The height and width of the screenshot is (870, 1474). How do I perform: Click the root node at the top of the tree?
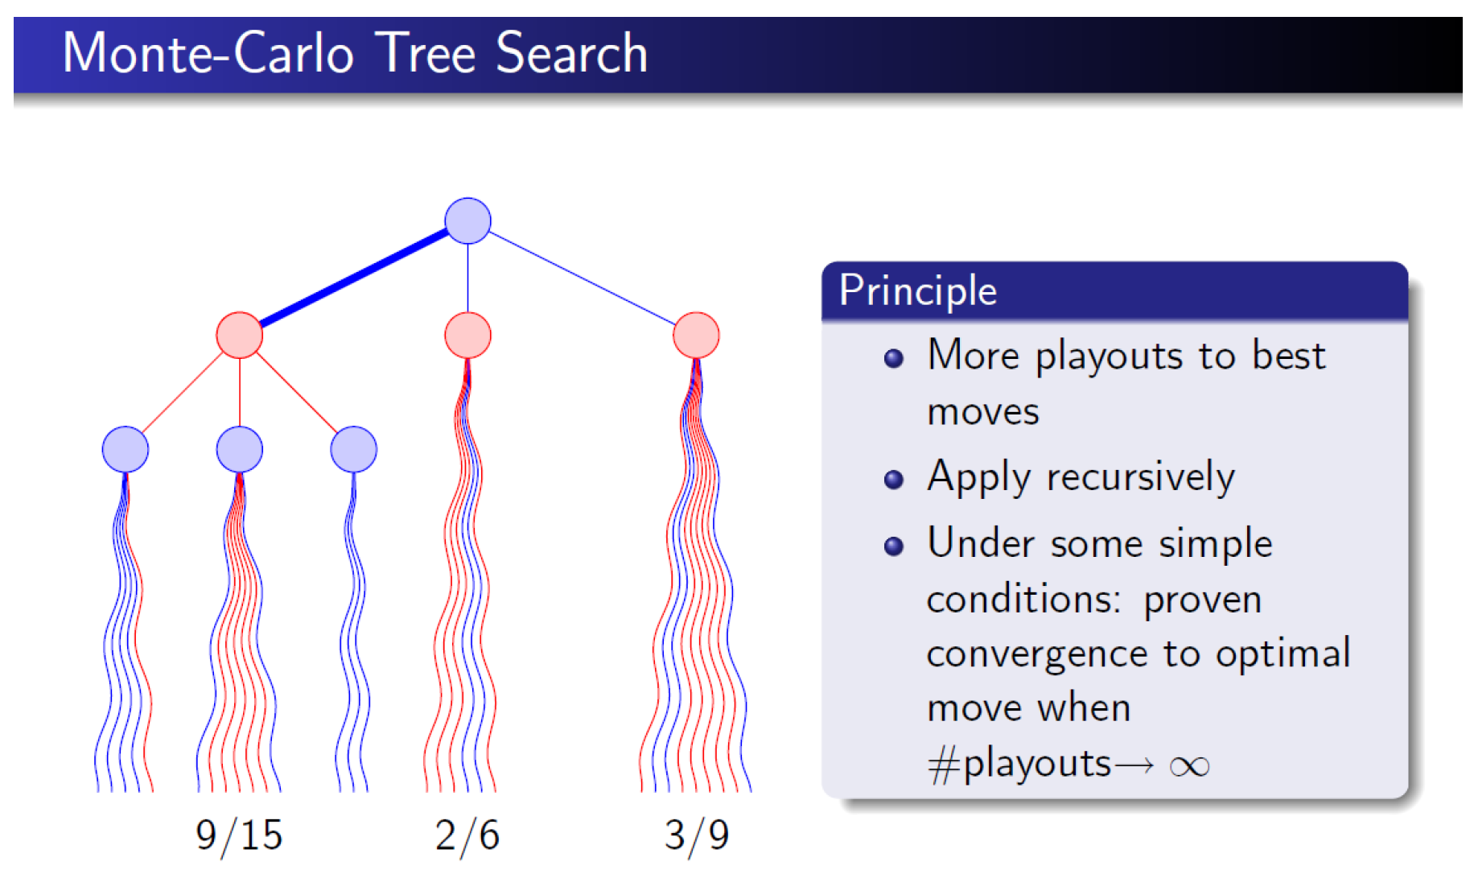click(x=467, y=221)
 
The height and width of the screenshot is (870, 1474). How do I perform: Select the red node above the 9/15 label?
click(x=239, y=335)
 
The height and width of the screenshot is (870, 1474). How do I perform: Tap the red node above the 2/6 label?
click(x=467, y=335)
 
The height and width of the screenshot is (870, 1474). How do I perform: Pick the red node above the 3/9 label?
click(x=696, y=335)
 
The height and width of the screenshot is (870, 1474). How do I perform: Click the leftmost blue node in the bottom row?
click(x=125, y=449)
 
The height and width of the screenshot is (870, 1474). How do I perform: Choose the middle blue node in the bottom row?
click(x=239, y=449)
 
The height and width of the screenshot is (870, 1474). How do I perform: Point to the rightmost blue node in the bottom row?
click(x=353, y=449)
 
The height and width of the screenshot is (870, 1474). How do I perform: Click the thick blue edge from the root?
click(x=353, y=278)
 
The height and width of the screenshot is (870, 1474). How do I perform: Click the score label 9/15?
click(x=239, y=835)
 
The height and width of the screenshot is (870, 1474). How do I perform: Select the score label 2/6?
click(x=467, y=835)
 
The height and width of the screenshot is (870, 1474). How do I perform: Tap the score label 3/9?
click(x=697, y=835)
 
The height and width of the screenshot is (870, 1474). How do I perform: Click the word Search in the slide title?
click(x=571, y=53)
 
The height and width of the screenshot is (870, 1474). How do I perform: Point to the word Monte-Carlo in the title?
click(x=208, y=53)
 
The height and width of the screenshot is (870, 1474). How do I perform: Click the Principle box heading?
click(x=918, y=291)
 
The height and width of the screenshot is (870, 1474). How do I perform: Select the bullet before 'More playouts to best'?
click(x=893, y=358)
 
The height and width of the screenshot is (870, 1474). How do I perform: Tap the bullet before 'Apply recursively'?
click(x=893, y=480)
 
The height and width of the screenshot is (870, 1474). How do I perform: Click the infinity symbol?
click(x=1189, y=766)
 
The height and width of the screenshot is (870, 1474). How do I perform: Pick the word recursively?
click(x=1140, y=478)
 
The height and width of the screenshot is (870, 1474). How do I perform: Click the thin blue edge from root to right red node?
click(x=583, y=278)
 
